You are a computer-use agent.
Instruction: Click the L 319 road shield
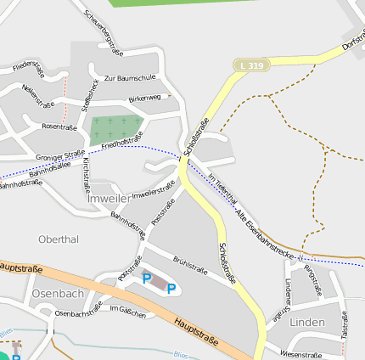[x=251, y=65]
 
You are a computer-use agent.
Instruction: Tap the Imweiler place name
[x=109, y=198]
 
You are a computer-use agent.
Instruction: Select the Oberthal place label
[x=59, y=239]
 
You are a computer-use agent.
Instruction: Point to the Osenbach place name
[x=58, y=293]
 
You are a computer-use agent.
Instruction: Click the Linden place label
[x=306, y=323]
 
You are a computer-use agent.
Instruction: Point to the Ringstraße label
[x=313, y=281]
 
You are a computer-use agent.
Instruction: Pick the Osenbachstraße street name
[x=78, y=313]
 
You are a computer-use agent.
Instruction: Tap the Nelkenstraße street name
[x=37, y=96]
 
